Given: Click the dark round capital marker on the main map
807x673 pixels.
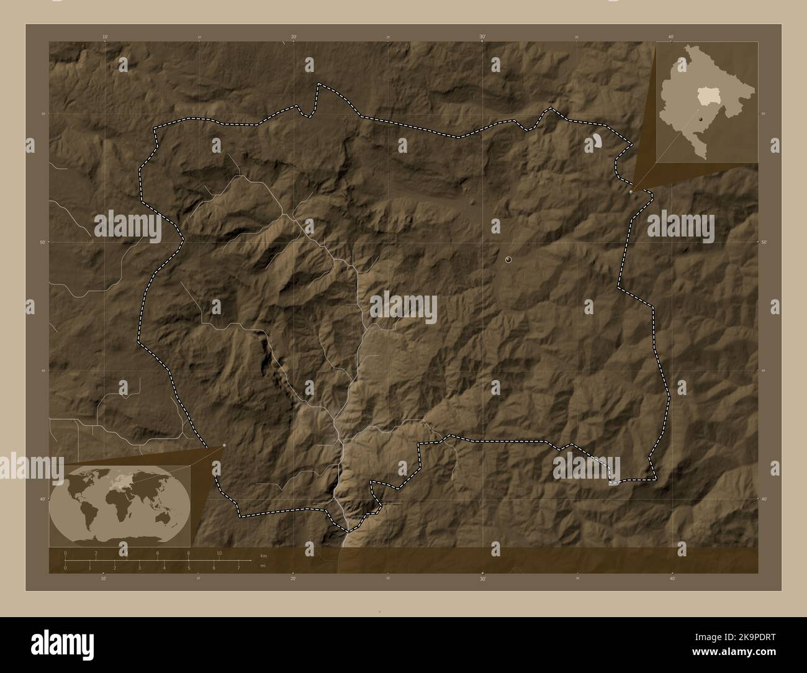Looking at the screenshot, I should [x=509, y=260].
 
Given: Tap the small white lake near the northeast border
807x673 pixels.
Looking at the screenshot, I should [x=596, y=142].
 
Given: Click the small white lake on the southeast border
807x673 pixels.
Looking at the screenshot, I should [x=613, y=481].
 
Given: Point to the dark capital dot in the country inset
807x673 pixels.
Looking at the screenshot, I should [x=700, y=119].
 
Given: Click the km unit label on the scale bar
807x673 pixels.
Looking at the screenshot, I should [x=263, y=555].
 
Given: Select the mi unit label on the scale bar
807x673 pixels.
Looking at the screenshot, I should [x=263, y=566].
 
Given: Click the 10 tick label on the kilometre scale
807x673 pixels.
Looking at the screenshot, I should [x=219, y=553].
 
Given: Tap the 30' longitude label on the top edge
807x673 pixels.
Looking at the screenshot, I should [x=482, y=37].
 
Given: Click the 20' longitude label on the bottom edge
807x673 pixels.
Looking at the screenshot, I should [x=293, y=579].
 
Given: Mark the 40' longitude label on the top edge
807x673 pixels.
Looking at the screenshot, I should [x=671, y=37].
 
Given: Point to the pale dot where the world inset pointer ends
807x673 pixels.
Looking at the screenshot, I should [x=224, y=445].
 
